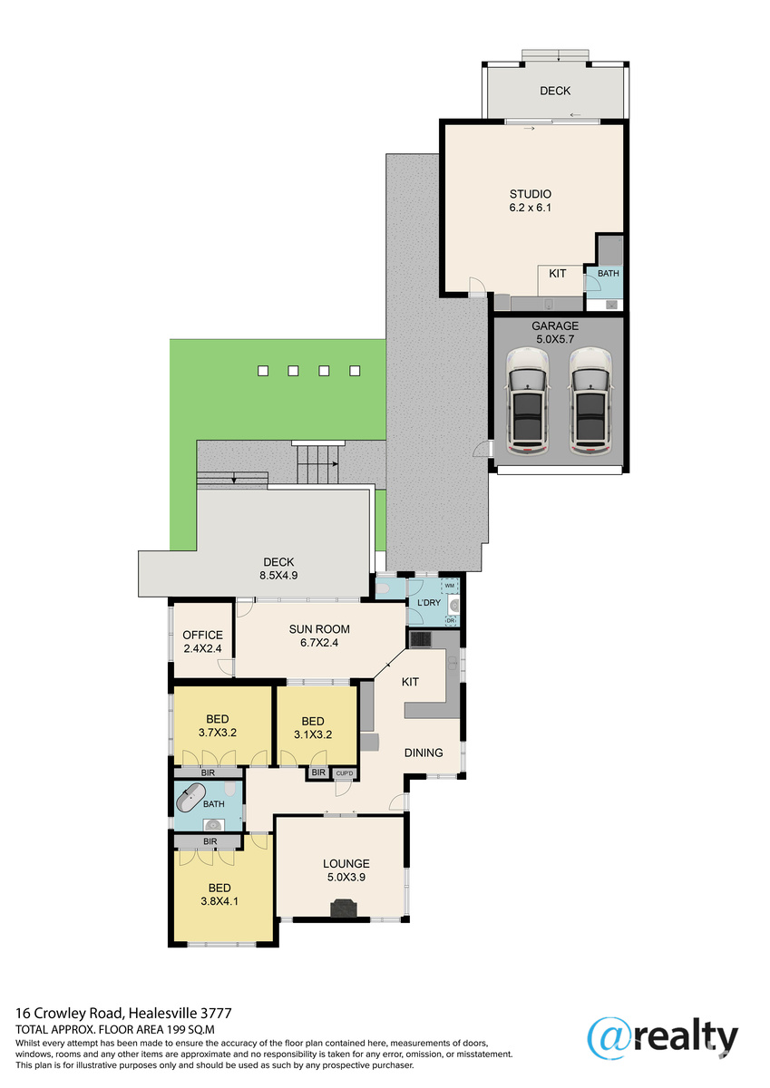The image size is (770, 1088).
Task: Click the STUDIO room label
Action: tap(530, 194)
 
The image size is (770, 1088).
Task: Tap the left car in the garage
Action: tap(528, 401)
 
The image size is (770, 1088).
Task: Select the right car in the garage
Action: tap(591, 401)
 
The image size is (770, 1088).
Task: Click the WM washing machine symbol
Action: tap(449, 586)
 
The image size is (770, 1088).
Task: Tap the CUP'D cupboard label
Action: tap(345, 773)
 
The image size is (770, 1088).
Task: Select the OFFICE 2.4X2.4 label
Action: tap(202, 642)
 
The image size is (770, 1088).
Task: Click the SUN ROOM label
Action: tap(319, 629)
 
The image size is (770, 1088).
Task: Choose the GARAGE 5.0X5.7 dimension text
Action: tap(555, 339)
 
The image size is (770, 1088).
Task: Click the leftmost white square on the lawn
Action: tap(263, 371)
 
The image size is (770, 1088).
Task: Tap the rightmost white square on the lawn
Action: tap(355, 371)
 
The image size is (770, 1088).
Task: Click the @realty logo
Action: tap(663, 1037)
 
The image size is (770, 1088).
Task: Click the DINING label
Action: tap(424, 753)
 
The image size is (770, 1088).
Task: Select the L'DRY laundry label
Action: tap(429, 602)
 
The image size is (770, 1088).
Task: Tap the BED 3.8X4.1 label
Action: tap(219, 894)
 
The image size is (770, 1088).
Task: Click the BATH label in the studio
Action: tap(609, 274)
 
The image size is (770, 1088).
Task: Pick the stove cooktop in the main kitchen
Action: tap(421, 639)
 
